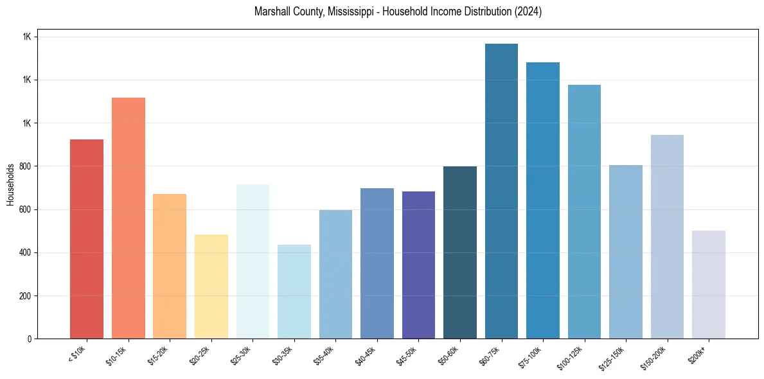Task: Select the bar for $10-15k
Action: tap(129, 218)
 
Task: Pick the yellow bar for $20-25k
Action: tap(211, 286)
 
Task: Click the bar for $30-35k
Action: tap(294, 292)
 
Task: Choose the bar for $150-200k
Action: tap(667, 237)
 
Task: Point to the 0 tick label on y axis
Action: tap(30, 339)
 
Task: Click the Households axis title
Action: tap(10, 184)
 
